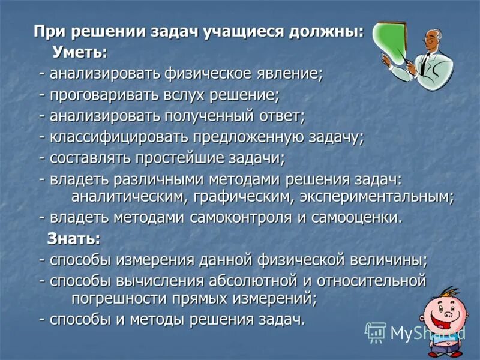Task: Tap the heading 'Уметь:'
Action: pyautogui.click(x=80, y=52)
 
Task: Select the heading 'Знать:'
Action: pyautogui.click(x=74, y=238)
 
